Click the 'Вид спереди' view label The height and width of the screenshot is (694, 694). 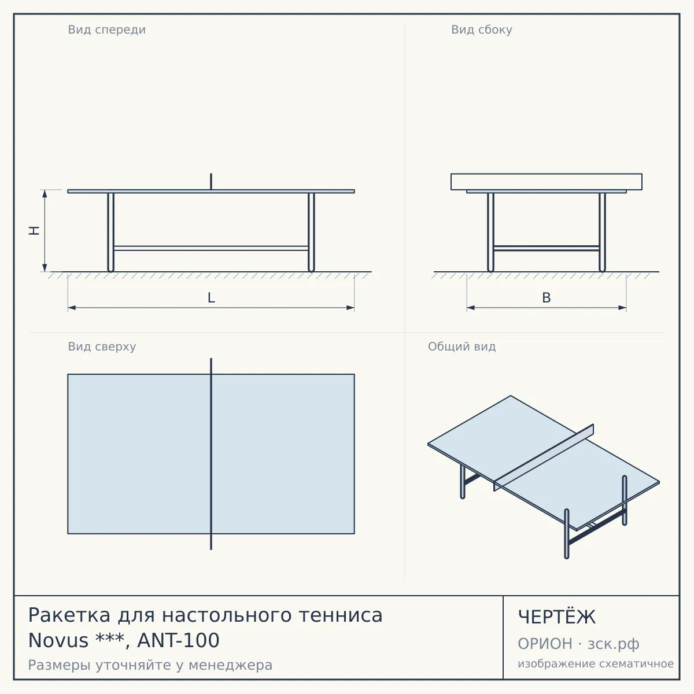pos(106,30)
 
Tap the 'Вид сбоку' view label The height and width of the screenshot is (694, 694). pos(482,30)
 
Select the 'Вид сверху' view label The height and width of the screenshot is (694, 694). pos(102,347)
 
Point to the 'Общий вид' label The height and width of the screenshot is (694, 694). pos(462,347)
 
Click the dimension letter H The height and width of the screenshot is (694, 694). pos(34,231)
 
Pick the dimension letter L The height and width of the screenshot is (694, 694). pos(212,298)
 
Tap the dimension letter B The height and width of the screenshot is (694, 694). pos(547,298)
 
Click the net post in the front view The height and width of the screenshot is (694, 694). pos(211,182)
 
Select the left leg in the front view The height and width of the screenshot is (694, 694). pos(110,232)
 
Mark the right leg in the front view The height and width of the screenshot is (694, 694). pos(312,232)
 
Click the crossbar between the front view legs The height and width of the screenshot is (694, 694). pos(211,248)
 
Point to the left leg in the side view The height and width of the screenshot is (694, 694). pos(490,232)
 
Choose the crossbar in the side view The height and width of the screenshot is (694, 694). pos(547,248)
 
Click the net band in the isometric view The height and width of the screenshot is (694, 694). pos(544,457)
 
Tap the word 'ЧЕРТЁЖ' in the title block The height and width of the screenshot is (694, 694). pos(557,617)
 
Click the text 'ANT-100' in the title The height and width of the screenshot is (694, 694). pos(178,640)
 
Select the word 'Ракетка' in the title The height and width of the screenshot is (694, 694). pos(69,615)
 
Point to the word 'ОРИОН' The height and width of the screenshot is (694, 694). pos(545,644)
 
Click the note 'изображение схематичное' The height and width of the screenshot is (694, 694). pos(596,663)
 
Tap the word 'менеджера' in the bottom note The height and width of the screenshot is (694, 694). pos(231,665)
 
